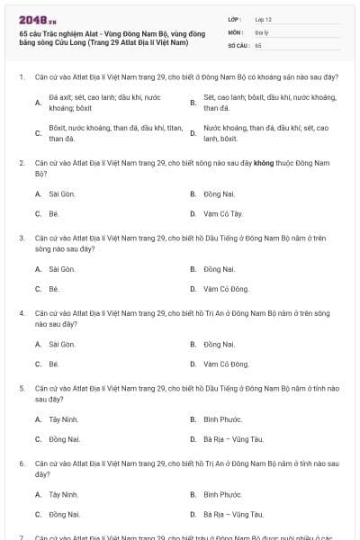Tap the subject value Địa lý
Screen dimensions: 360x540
[x=261, y=31]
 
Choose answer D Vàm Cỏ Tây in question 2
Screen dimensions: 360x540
[x=224, y=213]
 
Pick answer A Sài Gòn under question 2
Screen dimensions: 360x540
[x=62, y=193]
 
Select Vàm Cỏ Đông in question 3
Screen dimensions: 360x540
[x=226, y=289]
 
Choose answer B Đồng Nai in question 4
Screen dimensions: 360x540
[x=219, y=344]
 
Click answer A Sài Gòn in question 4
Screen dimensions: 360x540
[x=62, y=344]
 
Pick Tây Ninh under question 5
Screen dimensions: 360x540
[x=64, y=418]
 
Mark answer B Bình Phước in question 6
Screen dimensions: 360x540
[x=222, y=494]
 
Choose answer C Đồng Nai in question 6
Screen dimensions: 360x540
[x=65, y=514]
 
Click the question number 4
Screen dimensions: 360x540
[x=22, y=312]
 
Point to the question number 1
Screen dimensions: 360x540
[x=22, y=76]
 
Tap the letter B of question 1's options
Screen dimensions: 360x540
[x=193, y=103]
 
